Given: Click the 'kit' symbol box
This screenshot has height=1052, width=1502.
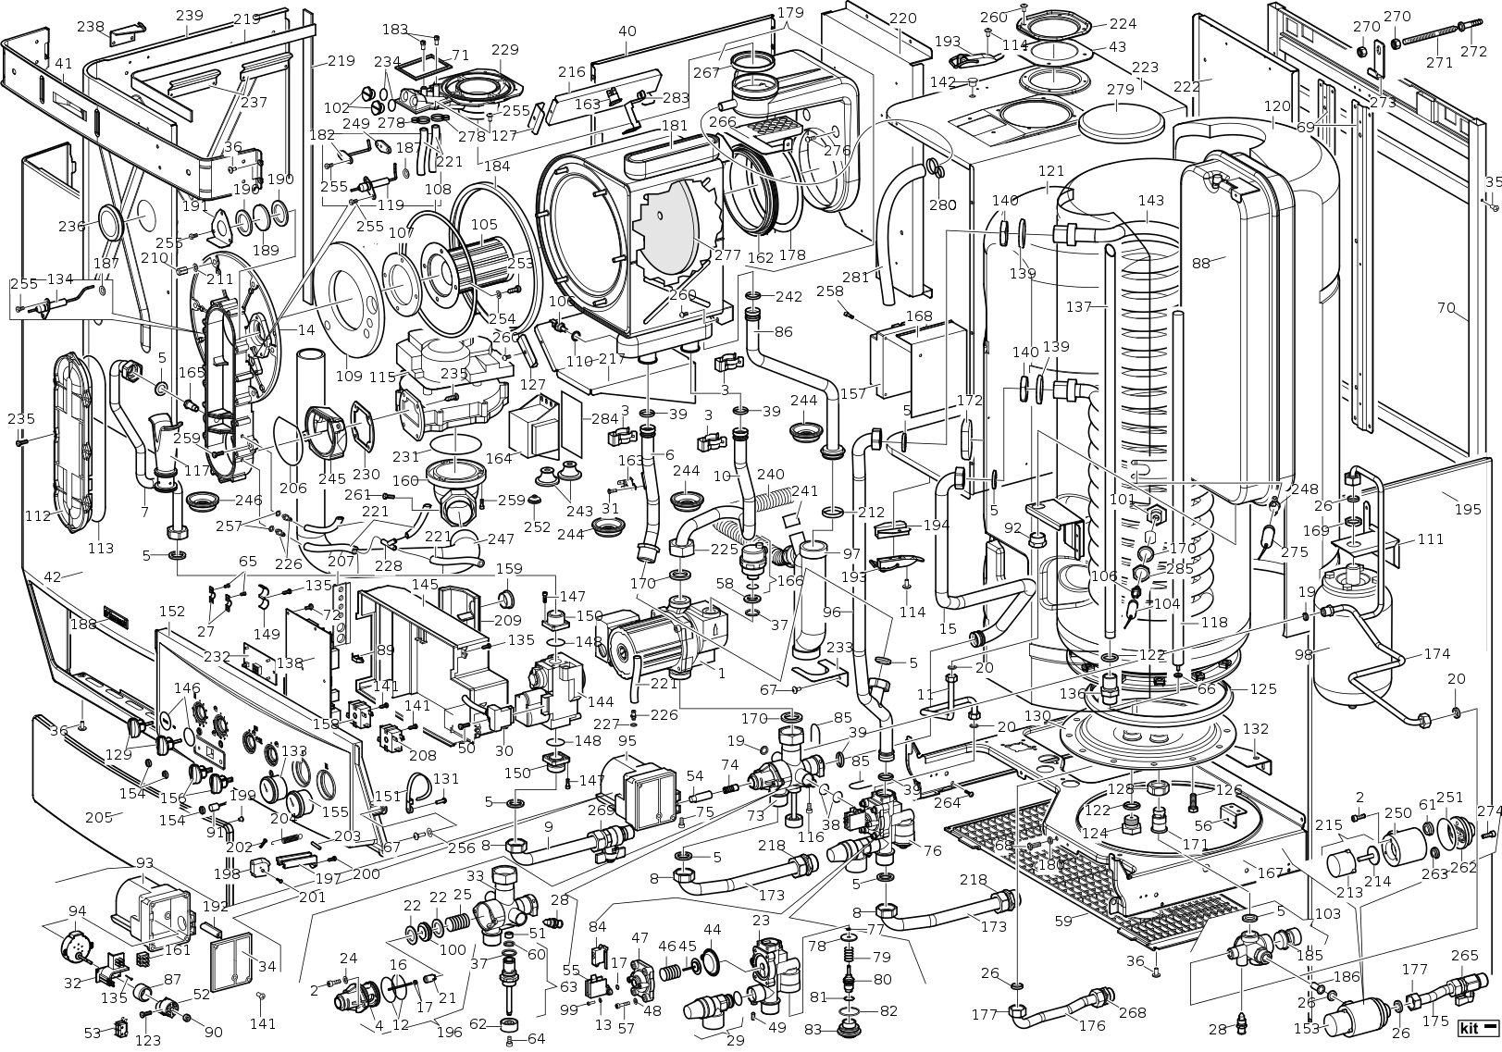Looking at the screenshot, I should pos(1477,1028).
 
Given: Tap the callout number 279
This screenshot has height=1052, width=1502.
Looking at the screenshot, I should pos(1120,90).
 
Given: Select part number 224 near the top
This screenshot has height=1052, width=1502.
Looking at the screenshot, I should pos(1123,24).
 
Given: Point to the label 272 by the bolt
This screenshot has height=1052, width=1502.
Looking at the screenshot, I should pos(1473,52).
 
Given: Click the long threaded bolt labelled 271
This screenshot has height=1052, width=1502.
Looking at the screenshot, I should pos(1424,42).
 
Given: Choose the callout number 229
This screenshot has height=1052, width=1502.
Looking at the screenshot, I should pos(504,50).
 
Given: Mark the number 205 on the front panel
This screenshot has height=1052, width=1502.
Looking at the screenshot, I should pos(97,817).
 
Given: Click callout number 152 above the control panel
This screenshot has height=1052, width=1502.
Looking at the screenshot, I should pos(172,612).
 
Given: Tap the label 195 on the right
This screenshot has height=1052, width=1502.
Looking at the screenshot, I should pos(1468,510).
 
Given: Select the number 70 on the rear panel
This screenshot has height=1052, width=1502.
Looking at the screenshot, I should pos(1446,308).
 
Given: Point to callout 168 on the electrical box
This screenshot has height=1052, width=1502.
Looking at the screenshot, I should pos(919,316).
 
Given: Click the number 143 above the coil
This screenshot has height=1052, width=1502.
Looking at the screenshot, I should pos(1150,201).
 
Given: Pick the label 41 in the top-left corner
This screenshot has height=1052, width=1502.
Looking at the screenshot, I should pos(63,64).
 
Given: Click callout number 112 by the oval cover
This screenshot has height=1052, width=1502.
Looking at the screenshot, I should pos(38,515).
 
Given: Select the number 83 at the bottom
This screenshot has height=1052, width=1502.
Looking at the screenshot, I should pos(812,1030).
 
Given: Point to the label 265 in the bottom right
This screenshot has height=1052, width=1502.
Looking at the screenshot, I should pos(1464,956).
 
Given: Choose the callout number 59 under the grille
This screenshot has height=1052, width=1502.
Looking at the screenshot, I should pos(1063,921).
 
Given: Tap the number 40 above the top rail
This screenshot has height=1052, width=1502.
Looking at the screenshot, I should pos(627,31).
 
